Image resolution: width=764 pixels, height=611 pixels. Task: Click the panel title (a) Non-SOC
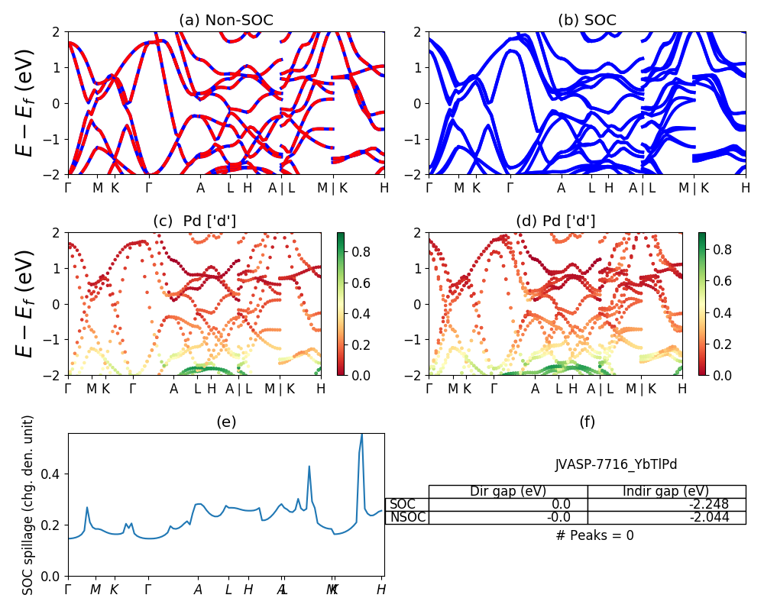coord(225,21)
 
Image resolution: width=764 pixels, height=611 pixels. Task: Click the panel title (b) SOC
coord(587,21)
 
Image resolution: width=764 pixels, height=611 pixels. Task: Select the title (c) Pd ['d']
coord(194,221)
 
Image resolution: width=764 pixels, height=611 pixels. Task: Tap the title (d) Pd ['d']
coord(555,221)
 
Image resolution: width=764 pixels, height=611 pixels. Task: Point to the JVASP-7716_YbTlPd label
coord(616,464)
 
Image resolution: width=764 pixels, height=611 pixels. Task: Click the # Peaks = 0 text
coord(594,535)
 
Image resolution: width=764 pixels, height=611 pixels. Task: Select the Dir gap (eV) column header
coord(507,491)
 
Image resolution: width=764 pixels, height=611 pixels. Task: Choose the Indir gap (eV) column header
coord(666,491)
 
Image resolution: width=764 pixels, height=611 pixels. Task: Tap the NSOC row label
coord(406,517)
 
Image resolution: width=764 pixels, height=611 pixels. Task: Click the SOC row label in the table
coord(402,504)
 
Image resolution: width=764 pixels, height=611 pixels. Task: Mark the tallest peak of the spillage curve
coord(361,434)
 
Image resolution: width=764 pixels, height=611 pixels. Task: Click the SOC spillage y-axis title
coord(28,505)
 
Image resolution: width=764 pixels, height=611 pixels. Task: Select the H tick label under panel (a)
coord(384,188)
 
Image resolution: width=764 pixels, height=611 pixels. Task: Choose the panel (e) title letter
coord(225,422)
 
